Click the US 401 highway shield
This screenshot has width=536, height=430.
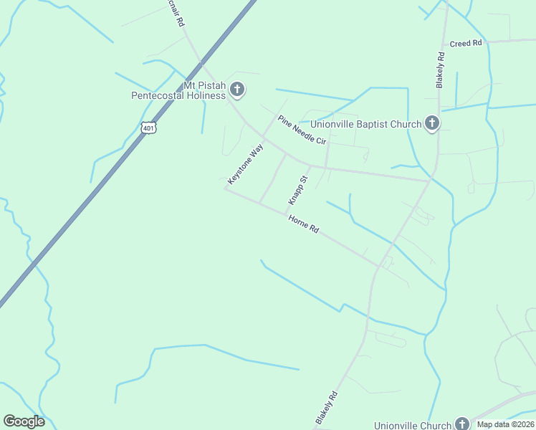148,128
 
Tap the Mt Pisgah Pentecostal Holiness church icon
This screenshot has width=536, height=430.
237,90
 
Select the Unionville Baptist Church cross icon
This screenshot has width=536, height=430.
431,124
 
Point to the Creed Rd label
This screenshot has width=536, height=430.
466,44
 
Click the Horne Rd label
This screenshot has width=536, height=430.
303,224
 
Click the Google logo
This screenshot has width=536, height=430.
24,421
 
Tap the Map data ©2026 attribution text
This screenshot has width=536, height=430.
505,424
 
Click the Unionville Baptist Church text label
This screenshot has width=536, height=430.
365,124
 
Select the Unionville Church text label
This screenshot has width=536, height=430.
412,425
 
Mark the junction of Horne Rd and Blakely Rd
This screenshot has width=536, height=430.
378,266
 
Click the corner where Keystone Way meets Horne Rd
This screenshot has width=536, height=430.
226,189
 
